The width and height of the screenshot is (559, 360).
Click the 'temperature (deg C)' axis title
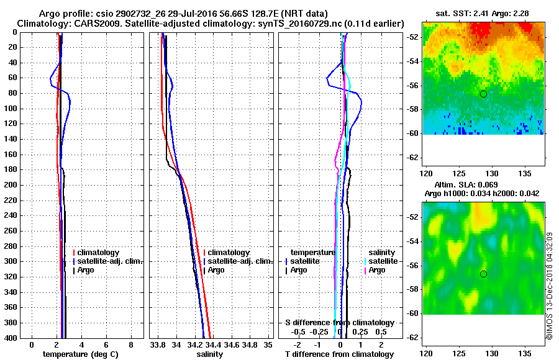(81, 354)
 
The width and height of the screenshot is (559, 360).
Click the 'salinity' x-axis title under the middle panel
(210, 354)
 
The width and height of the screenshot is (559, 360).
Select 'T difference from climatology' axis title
(339, 354)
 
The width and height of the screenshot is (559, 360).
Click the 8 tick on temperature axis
(130, 344)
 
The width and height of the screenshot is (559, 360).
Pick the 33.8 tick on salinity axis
(158, 344)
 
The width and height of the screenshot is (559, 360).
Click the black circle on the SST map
(483, 94)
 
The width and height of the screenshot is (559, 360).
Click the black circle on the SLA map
(483, 274)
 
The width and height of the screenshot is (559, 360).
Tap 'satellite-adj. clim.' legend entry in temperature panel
(111, 261)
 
